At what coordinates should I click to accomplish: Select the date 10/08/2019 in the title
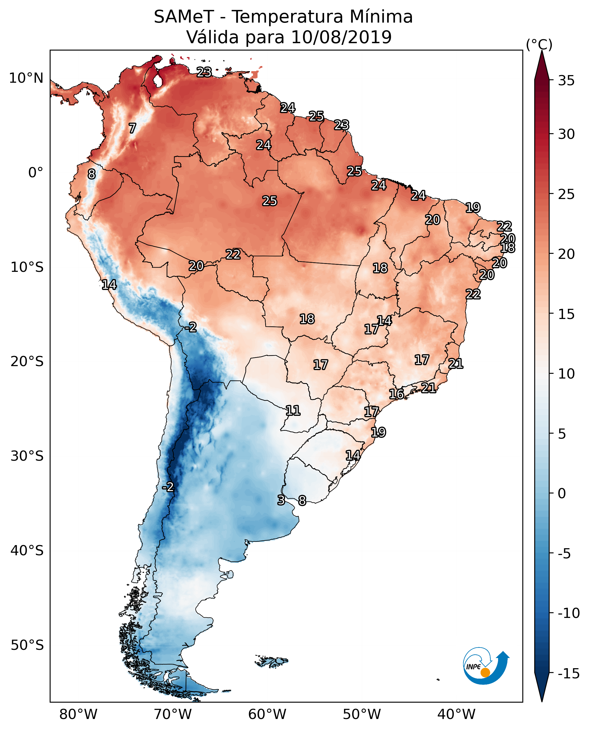point(341,37)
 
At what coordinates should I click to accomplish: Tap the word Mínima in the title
point(381,17)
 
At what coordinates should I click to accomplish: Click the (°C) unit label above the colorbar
point(539,44)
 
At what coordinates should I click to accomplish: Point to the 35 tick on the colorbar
point(566,81)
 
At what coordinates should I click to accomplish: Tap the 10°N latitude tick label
point(26,78)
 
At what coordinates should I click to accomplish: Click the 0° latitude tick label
point(36,173)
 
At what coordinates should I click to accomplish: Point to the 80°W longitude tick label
point(78,714)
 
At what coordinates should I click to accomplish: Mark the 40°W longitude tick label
point(456,714)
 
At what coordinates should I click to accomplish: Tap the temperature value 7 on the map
point(132,128)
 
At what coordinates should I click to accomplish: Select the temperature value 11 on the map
point(293,411)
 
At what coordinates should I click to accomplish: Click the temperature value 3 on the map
point(281,500)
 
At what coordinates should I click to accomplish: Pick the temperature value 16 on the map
point(396,394)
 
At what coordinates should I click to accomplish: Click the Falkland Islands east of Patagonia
point(271,661)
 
